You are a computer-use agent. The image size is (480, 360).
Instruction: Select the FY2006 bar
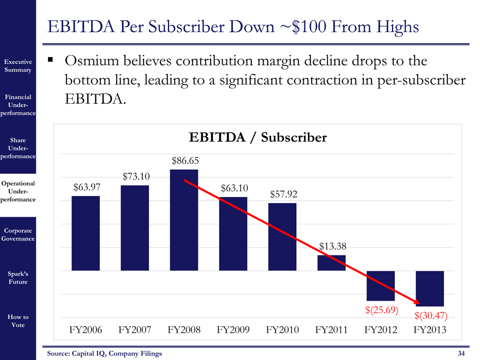pos(86,233)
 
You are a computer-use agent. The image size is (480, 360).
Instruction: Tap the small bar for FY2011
pos(332,263)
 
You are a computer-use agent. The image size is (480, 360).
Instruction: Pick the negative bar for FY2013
pos(430,288)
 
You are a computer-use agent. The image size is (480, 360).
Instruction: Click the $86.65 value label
pos(185,160)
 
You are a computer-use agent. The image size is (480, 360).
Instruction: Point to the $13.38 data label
pos(332,247)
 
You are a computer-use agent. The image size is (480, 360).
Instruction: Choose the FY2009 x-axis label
pos(233,330)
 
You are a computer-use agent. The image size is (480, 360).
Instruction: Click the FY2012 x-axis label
pos(381,330)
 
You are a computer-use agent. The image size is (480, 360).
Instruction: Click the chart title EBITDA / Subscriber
pos(257,138)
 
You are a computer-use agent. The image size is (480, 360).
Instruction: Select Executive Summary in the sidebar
pos(19,66)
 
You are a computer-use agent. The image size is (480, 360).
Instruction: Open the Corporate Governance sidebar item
pos(19,235)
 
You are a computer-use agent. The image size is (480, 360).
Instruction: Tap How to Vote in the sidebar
pos(19,321)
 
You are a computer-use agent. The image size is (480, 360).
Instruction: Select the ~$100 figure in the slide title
pos(304,27)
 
